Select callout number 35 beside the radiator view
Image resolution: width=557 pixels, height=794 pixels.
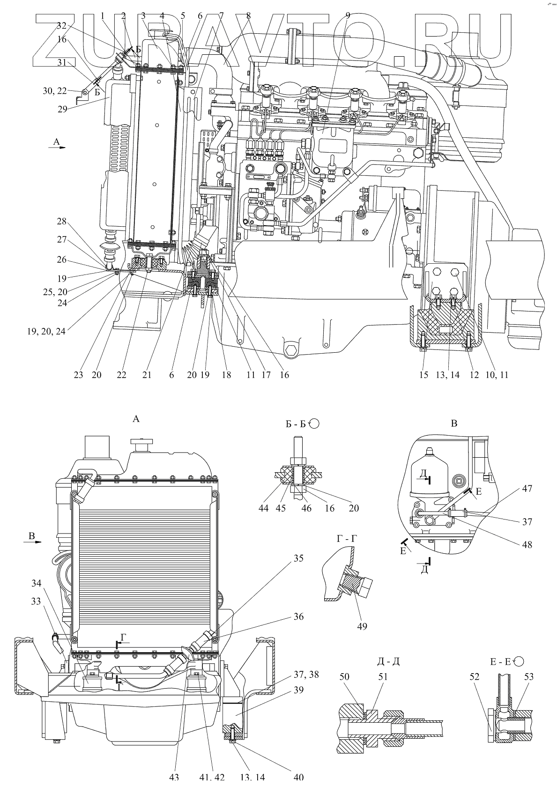point(298,558)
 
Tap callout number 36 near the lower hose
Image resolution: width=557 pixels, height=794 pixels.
point(298,616)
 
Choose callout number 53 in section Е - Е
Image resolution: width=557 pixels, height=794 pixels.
point(529,677)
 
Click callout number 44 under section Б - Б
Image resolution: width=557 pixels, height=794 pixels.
point(264,508)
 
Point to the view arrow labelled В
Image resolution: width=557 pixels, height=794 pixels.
point(32,539)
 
